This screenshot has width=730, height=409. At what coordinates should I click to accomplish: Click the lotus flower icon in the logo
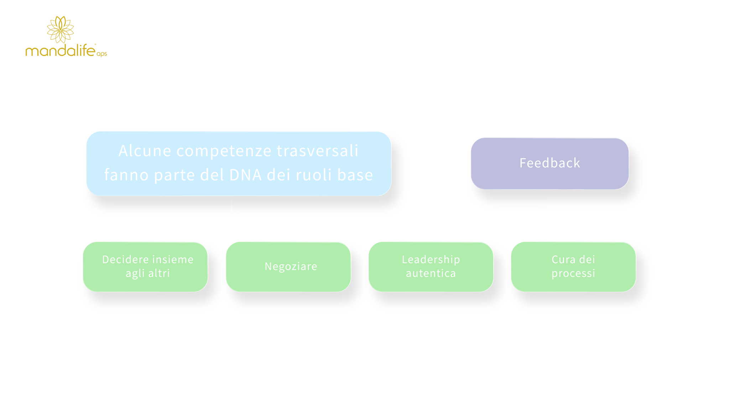61,30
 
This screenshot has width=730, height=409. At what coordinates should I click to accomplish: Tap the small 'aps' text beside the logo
102,54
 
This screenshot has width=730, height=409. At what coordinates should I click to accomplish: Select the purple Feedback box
550,164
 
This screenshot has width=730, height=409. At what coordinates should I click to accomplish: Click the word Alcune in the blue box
145,150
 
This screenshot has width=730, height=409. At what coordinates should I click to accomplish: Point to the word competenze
224,151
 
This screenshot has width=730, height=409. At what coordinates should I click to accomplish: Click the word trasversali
317,150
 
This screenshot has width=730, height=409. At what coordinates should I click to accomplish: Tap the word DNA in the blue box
245,175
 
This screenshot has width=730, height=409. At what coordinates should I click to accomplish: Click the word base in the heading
355,175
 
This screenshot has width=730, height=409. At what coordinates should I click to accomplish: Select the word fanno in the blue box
126,175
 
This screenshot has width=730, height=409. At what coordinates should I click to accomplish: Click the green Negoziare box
288,267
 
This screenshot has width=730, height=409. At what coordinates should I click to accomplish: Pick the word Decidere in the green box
124,259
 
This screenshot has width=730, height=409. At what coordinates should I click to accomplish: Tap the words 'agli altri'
148,273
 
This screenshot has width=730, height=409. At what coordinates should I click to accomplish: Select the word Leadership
431,260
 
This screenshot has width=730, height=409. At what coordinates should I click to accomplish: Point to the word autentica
431,273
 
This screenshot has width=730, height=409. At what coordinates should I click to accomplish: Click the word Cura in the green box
562,259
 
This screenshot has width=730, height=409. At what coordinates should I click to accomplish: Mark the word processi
573,273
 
